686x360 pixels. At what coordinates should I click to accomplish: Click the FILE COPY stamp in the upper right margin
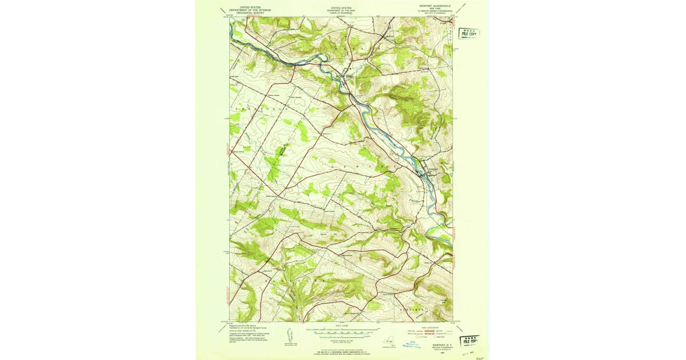click(469, 33)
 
